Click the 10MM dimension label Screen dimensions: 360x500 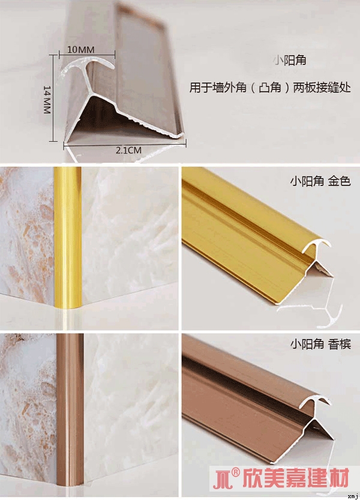click(81, 49)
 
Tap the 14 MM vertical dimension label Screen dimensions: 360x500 click(47, 100)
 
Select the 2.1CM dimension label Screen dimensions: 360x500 click(128, 150)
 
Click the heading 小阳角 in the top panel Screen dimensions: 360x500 click(290, 59)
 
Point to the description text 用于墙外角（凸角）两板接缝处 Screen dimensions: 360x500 click(270, 87)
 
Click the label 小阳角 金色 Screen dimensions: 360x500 click(320, 181)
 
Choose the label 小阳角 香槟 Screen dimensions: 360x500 click(320, 344)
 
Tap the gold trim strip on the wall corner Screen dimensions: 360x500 click(68, 237)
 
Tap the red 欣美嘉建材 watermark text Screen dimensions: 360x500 click(296, 478)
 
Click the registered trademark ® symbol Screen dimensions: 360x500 click(235, 472)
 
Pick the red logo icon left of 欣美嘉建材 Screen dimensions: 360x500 click(222, 479)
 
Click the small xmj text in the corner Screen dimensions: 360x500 click(353, 496)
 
